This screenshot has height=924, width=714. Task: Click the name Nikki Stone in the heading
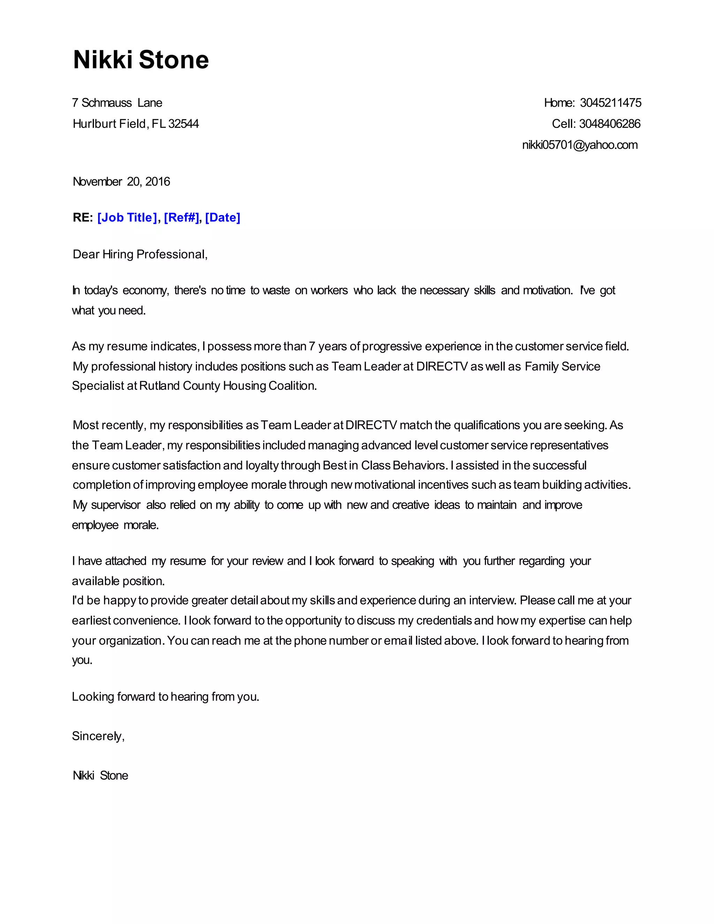[141, 60]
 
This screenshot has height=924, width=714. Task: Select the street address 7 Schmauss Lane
[117, 103]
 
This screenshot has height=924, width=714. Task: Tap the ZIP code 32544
[184, 124]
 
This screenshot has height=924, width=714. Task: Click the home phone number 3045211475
[610, 103]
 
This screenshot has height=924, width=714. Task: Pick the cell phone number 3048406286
[609, 124]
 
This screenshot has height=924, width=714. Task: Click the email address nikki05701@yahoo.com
[579, 145]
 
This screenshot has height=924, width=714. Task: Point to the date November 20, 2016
[121, 182]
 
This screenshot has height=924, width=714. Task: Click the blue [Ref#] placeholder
[181, 218]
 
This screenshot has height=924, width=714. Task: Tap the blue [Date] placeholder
[222, 218]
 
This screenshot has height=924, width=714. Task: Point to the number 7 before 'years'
[312, 347]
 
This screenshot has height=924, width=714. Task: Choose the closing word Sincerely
[98, 736]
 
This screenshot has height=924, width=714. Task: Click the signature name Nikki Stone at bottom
[100, 775]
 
